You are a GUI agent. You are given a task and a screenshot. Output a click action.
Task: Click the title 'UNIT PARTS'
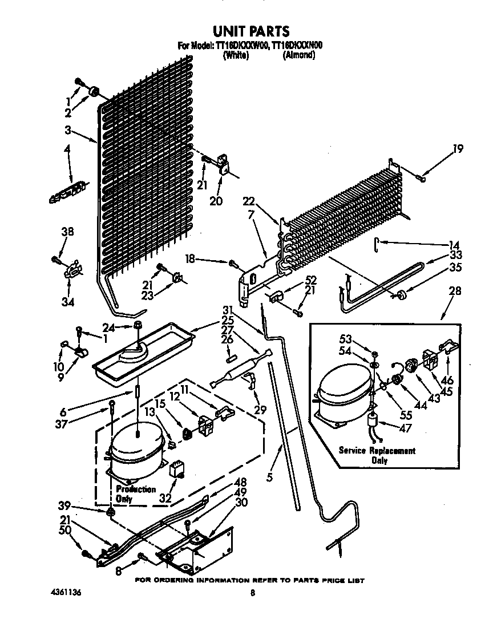click(251, 31)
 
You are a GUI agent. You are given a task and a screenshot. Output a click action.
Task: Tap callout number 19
click(458, 150)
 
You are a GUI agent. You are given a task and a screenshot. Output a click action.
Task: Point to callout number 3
click(68, 130)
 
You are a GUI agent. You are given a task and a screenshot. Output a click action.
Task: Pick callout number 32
click(165, 497)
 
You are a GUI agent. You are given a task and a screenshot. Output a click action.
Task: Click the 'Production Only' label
click(135, 493)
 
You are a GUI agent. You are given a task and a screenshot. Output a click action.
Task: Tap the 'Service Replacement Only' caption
click(377, 455)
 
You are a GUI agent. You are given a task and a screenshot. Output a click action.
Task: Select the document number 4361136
click(65, 593)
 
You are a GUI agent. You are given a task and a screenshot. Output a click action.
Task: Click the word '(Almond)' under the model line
click(298, 55)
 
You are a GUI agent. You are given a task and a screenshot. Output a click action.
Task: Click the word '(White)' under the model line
click(236, 55)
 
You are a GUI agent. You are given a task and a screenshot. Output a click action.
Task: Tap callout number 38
click(67, 232)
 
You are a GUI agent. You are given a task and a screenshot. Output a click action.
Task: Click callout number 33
click(455, 255)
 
